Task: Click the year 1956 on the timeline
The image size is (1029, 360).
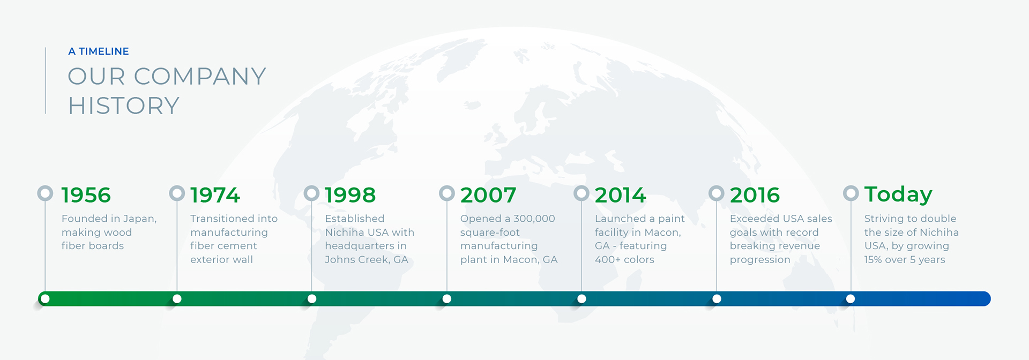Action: pyautogui.click(x=86, y=195)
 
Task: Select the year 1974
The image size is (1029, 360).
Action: pyautogui.click(x=215, y=195)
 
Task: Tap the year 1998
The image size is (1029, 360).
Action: pyautogui.click(x=350, y=195)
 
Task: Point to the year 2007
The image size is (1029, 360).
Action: pyautogui.click(x=488, y=195)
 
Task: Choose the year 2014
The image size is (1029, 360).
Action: pyautogui.click(x=620, y=195)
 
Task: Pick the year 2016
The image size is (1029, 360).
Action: pyautogui.click(x=755, y=195)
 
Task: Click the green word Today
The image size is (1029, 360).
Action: pyautogui.click(x=898, y=195)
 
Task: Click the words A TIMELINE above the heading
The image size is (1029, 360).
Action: pyautogui.click(x=99, y=51)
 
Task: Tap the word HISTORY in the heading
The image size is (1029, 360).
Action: pyautogui.click(x=123, y=106)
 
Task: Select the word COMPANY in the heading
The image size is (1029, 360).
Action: pyautogui.click(x=200, y=76)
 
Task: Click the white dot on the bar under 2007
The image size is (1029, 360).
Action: pyautogui.click(x=447, y=299)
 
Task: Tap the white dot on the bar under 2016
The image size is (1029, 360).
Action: pyautogui.click(x=717, y=299)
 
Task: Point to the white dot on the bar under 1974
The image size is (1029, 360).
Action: pyautogui.click(x=177, y=299)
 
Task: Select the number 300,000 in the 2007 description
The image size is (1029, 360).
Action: pyautogui.click(x=534, y=219)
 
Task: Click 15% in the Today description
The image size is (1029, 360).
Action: pyautogui.click(x=873, y=260)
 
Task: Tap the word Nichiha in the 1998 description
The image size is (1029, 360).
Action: pyautogui.click(x=344, y=232)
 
